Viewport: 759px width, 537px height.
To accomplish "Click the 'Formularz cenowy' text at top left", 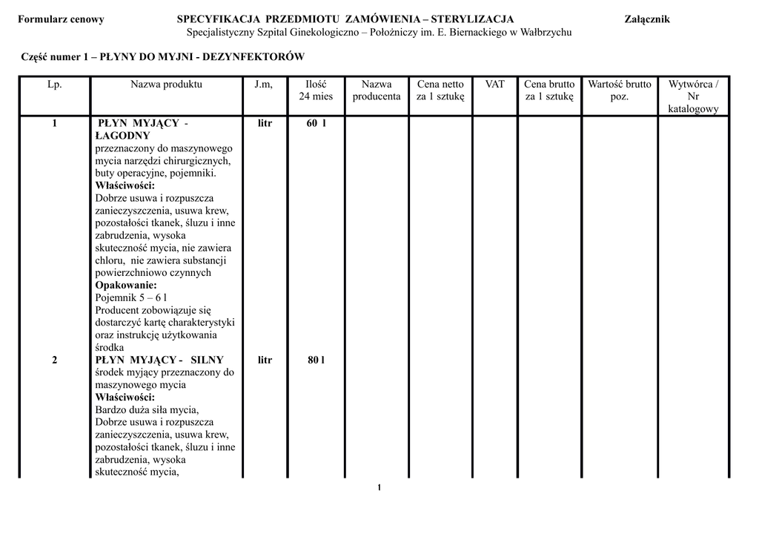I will point(61,19).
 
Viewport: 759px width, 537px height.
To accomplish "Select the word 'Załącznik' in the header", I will point(647,19).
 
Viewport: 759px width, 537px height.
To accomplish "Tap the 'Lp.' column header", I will point(55,85).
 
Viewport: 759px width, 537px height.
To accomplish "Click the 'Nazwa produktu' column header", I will point(166,85).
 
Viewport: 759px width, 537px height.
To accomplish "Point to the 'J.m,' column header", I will point(264,85).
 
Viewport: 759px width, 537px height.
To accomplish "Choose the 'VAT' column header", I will point(494,85).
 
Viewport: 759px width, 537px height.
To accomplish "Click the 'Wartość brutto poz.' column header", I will point(620,90).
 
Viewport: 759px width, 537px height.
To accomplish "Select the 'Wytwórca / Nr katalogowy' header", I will point(693,96).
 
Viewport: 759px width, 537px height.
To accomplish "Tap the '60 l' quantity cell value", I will point(316,123).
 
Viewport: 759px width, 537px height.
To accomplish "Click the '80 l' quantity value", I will point(316,360).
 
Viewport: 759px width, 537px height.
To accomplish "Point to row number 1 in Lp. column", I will point(55,123).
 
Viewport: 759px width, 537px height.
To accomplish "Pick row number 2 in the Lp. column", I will point(55,360).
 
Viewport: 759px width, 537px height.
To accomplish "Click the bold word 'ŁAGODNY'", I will point(123,136).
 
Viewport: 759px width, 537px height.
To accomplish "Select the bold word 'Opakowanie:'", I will point(126,285).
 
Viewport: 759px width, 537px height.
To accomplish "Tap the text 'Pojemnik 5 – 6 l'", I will point(131,297).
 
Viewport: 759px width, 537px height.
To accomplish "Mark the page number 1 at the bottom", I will point(379,487).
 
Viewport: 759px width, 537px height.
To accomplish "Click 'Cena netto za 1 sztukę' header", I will point(440,90).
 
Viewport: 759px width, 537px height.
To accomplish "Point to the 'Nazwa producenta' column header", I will point(377,90).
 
